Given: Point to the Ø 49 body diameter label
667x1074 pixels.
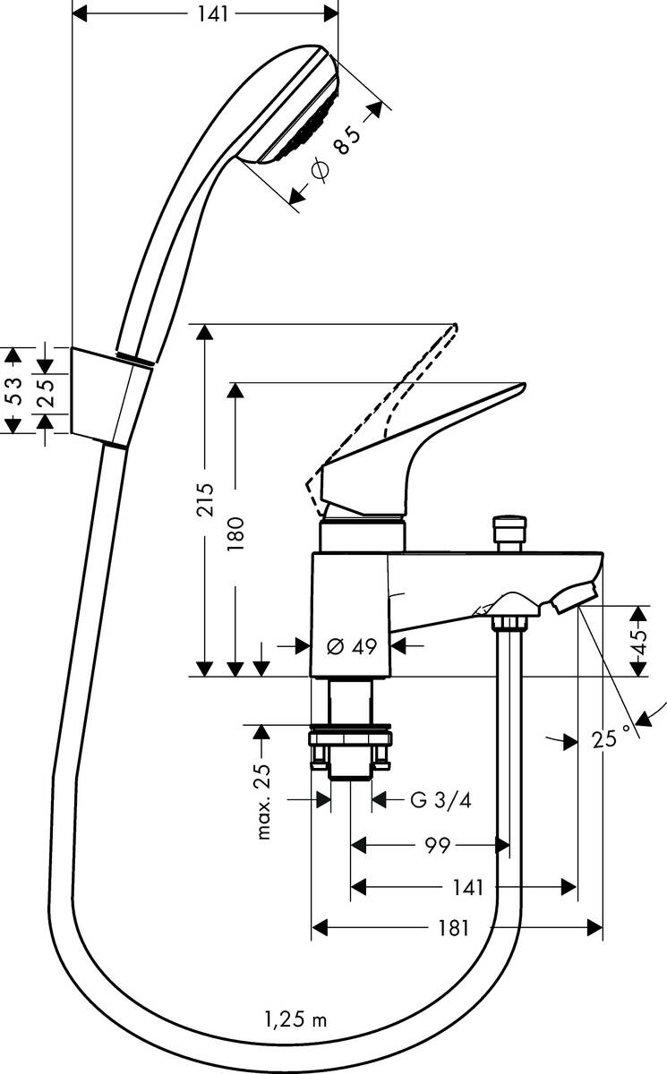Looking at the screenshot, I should click(x=351, y=645).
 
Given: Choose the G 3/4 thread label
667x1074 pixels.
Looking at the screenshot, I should click(x=440, y=800).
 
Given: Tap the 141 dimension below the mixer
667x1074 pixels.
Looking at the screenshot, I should click(x=467, y=887).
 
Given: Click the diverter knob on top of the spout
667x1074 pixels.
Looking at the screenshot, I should click(x=509, y=532).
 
